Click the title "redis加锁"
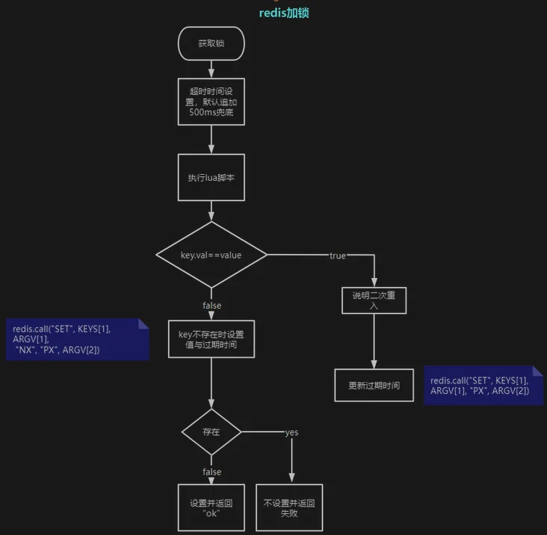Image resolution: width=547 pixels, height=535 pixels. [x=284, y=13]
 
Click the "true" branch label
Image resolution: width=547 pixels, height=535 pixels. [x=338, y=256]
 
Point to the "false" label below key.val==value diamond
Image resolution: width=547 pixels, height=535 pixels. [x=211, y=306]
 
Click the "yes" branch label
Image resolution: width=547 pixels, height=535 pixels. [x=291, y=433]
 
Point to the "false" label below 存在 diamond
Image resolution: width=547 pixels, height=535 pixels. [x=211, y=472]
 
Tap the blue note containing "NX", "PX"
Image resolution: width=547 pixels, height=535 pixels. [x=78, y=339]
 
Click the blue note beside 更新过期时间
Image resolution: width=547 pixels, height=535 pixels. [x=483, y=385]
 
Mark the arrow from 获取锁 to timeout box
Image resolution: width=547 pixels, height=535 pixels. [x=211, y=69]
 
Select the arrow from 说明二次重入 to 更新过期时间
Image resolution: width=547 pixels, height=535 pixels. [x=374, y=341]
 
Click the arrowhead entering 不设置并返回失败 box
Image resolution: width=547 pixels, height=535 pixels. [x=291, y=477]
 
